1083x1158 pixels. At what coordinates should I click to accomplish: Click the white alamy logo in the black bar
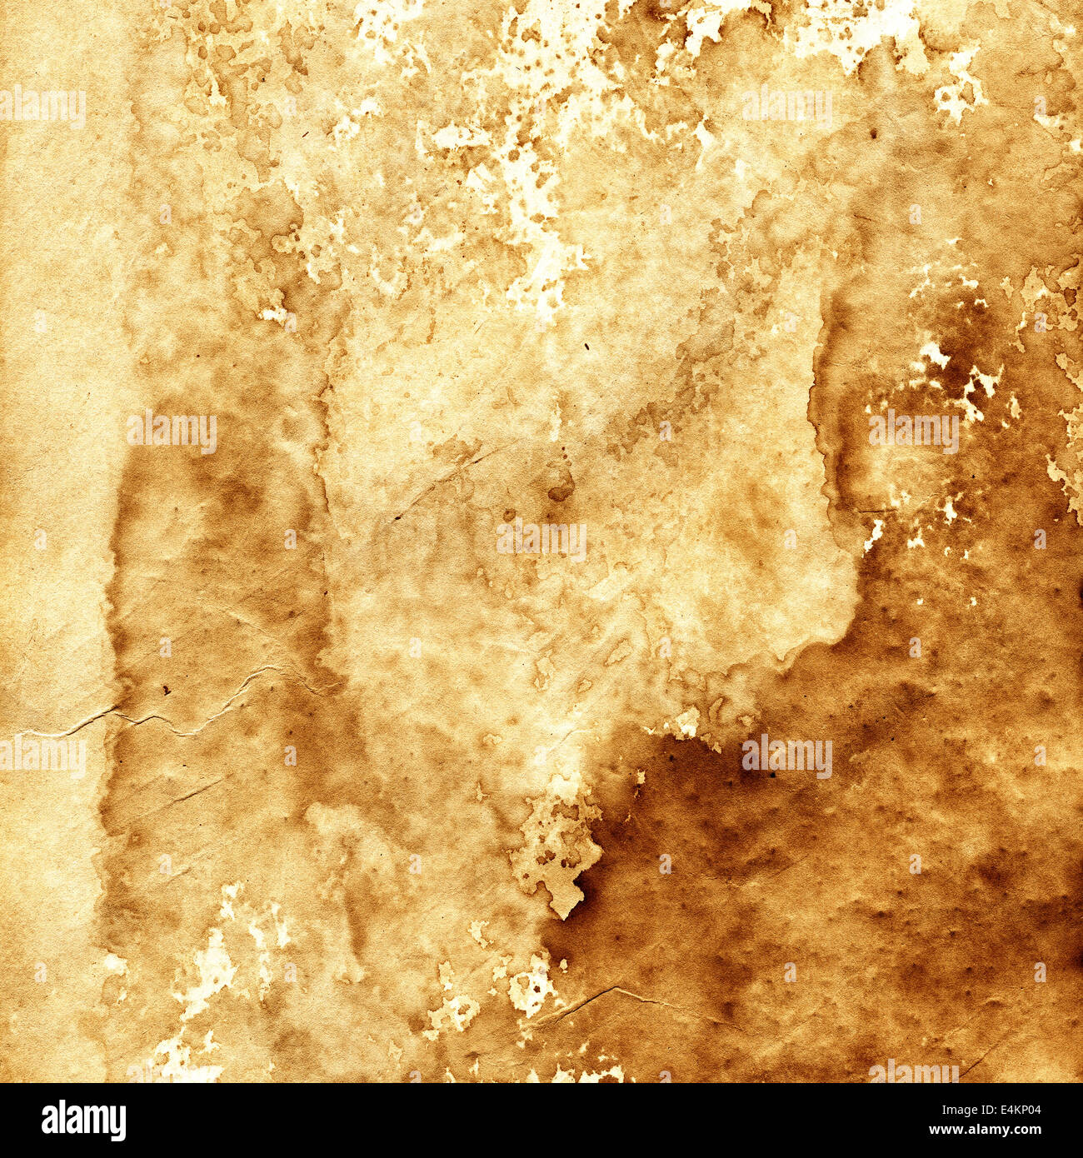pos(83,1121)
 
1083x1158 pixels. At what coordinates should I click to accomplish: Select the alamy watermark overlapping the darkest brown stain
pos(786,756)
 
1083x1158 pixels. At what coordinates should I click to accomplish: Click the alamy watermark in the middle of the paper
pos(541,540)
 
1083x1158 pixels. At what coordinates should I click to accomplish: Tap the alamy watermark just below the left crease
pos(43,756)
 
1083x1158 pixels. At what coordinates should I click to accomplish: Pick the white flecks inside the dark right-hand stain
pos(958,375)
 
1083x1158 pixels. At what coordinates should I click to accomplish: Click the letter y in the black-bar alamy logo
pos(117,1124)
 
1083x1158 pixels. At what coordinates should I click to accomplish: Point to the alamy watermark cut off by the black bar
pos(914,1073)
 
